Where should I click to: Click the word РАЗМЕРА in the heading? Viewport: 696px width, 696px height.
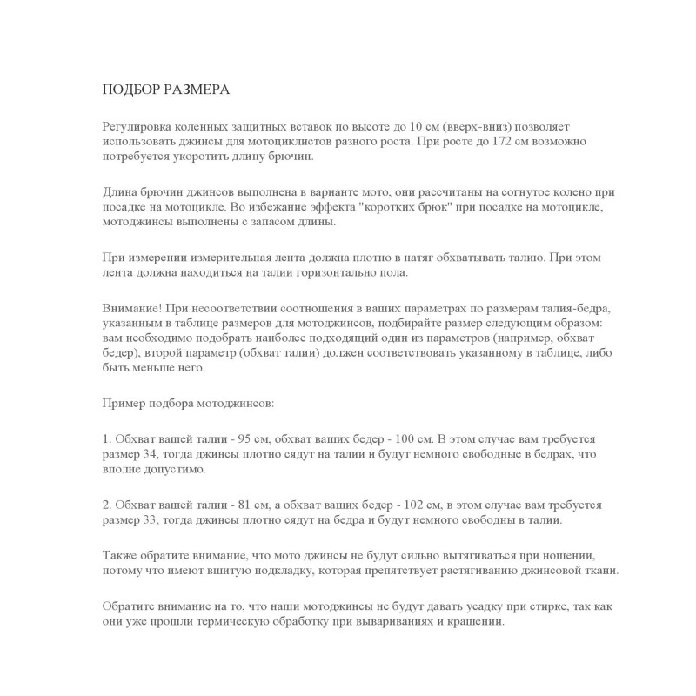(x=192, y=90)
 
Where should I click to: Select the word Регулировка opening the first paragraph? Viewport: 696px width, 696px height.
(x=137, y=126)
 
